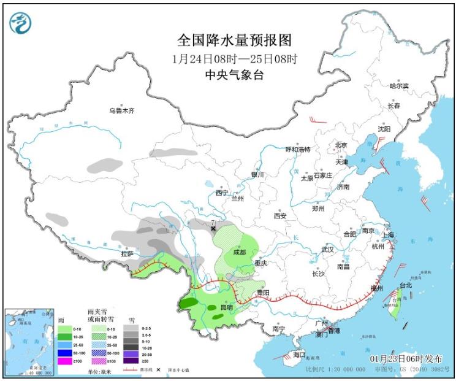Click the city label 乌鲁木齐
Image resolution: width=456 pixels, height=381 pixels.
(121, 111)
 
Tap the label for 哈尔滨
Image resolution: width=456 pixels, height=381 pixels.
(399, 86)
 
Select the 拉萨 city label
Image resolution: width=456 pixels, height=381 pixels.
(126, 253)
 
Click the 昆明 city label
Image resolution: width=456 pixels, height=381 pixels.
(226, 307)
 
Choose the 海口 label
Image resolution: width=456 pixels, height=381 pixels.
(298, 355)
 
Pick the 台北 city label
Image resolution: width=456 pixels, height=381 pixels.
(405, 285)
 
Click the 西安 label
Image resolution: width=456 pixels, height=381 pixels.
(280, 216)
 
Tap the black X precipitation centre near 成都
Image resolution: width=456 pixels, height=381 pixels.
(213, 228)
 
